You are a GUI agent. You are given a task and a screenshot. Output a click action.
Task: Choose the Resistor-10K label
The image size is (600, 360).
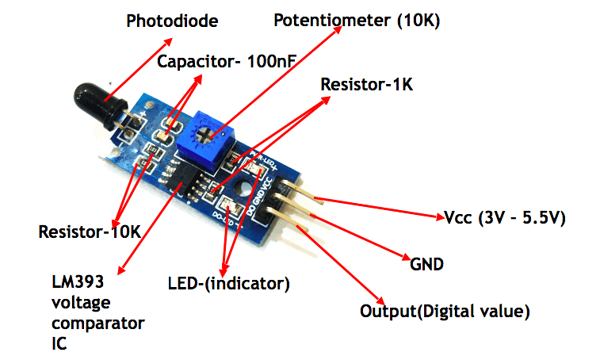click(x=90, y=232)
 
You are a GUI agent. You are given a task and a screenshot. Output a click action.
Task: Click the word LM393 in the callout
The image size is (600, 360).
click(x=78, y=282)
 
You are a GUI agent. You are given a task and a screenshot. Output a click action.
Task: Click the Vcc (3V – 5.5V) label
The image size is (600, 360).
click(x=503, y=218)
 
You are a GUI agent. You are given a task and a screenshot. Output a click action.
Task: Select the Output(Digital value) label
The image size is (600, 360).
click(x=445, y=310)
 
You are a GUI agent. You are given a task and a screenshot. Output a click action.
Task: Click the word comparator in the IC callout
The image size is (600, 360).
click(x=97, y=324)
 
